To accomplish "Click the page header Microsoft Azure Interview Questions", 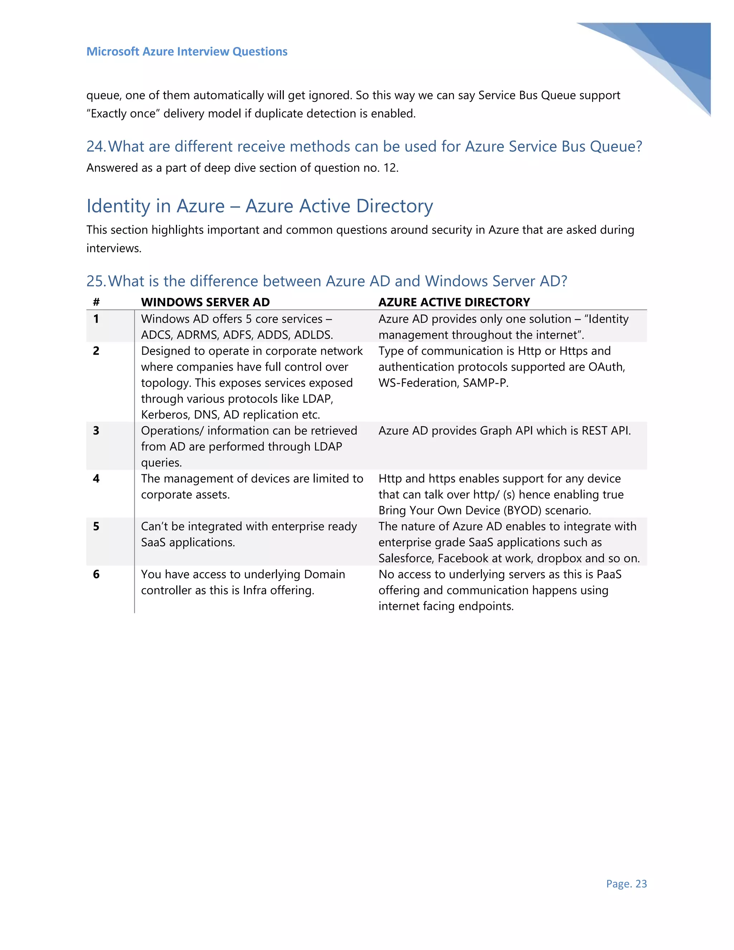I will (187, 51).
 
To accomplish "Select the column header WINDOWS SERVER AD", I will (205, 302).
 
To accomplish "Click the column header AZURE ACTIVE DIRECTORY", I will (454, 302).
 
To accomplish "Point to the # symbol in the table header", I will (96, 302).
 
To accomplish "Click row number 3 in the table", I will (96, 431).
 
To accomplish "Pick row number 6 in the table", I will (96, 574).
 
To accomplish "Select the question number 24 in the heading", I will (95, 147).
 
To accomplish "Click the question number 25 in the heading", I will (95, 281).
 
